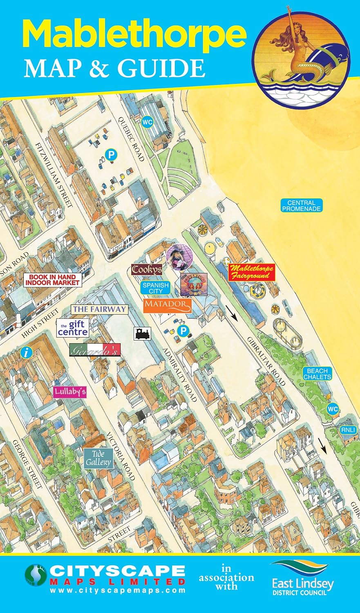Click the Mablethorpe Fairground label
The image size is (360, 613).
[x=251, y=272]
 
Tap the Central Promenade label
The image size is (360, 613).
[x=301, y=206]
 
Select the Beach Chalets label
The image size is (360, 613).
[x=317, y=374]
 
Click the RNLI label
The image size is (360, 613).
[x=349, y=430]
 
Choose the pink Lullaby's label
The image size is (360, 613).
[x=70, y=392]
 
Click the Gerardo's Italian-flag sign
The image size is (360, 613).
[x=95, y=350]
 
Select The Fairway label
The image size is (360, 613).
[x=99, y=309]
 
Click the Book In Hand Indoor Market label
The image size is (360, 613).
[x=52, y=280]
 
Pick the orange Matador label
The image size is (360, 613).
[x=168, y=305]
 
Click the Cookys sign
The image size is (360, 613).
[x=147, y=270]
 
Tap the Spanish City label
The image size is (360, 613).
[x=155, y=288]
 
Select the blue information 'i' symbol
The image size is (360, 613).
[x=27, y=352]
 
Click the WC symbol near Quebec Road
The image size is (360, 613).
[x=147, y=121]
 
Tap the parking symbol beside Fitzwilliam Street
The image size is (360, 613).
[x=110, y=154]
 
